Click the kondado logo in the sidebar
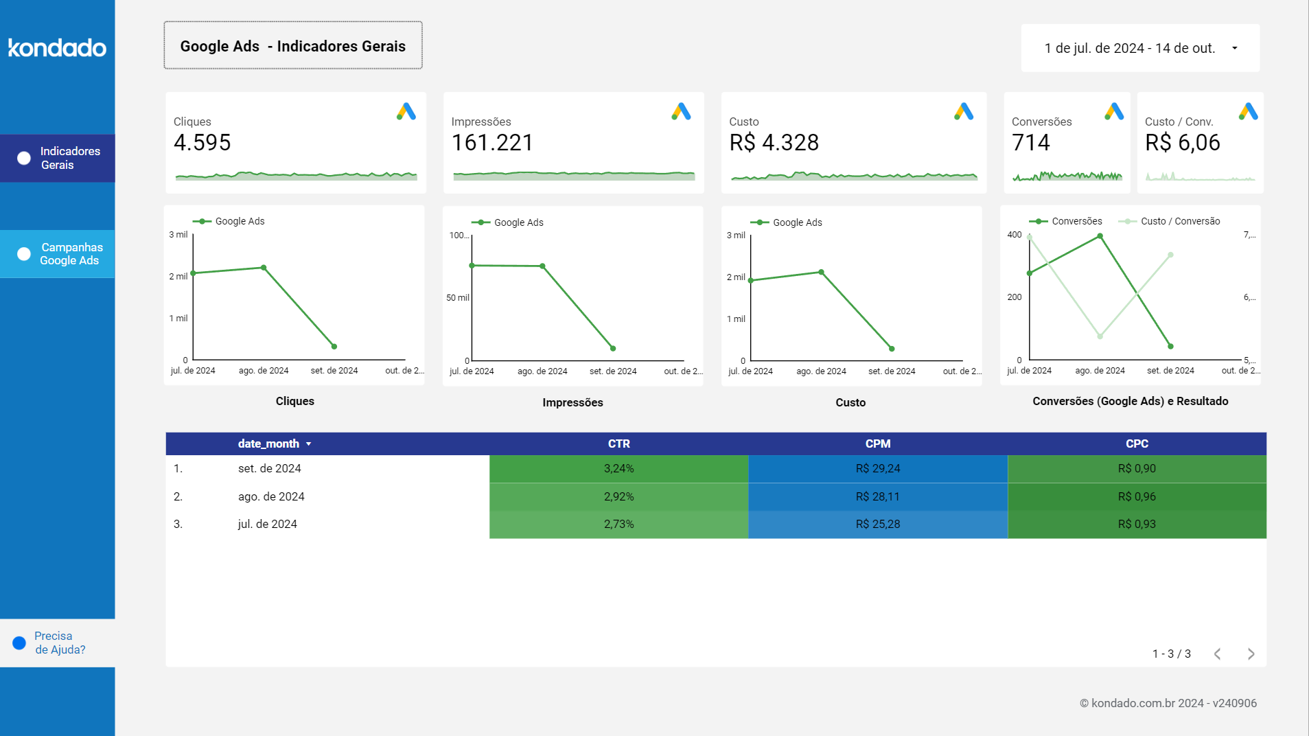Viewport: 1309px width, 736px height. pos(57,47)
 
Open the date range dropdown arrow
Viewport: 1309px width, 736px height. pos(1234,48)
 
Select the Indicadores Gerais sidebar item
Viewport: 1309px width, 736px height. pos(58,158)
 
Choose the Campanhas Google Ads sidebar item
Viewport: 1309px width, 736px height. pos(58,254)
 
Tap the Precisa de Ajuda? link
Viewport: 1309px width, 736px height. pos(59,643)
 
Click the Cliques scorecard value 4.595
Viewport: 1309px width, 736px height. pos(202,143)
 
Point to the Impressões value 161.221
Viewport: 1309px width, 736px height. pos(492,143)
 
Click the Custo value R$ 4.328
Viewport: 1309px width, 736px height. pos(774,143)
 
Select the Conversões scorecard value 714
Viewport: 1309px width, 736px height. pos(1030,143)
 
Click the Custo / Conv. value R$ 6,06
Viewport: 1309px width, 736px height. pos(1182,143)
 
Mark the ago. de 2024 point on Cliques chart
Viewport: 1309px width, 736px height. pos(264,268)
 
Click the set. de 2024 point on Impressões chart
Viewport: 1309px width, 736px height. pos(613,348)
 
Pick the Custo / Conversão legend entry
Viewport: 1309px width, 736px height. pos(1179,221)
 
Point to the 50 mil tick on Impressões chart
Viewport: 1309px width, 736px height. pos(457,298)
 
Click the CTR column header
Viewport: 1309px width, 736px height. pos(618,444)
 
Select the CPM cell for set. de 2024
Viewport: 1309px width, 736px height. pos(877,468)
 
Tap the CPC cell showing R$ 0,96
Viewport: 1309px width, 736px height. pos(1137,496)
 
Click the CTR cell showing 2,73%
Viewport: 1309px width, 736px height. pos(618,524)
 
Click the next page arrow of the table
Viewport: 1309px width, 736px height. pos(1251,654)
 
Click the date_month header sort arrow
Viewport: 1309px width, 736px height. pos(309,444)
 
